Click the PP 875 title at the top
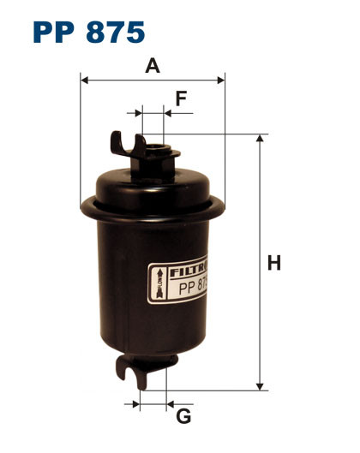click(x=88, y=33)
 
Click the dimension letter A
click(x=153, y=66)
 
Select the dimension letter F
click(x=181, y=98)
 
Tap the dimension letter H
click(x=273, y=264)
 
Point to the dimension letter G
click(x=183, y=417)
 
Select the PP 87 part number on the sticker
click(x=193, y=289)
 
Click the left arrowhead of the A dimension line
click(x=84, y=80)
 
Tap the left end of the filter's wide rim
click(x=84, y=205)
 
